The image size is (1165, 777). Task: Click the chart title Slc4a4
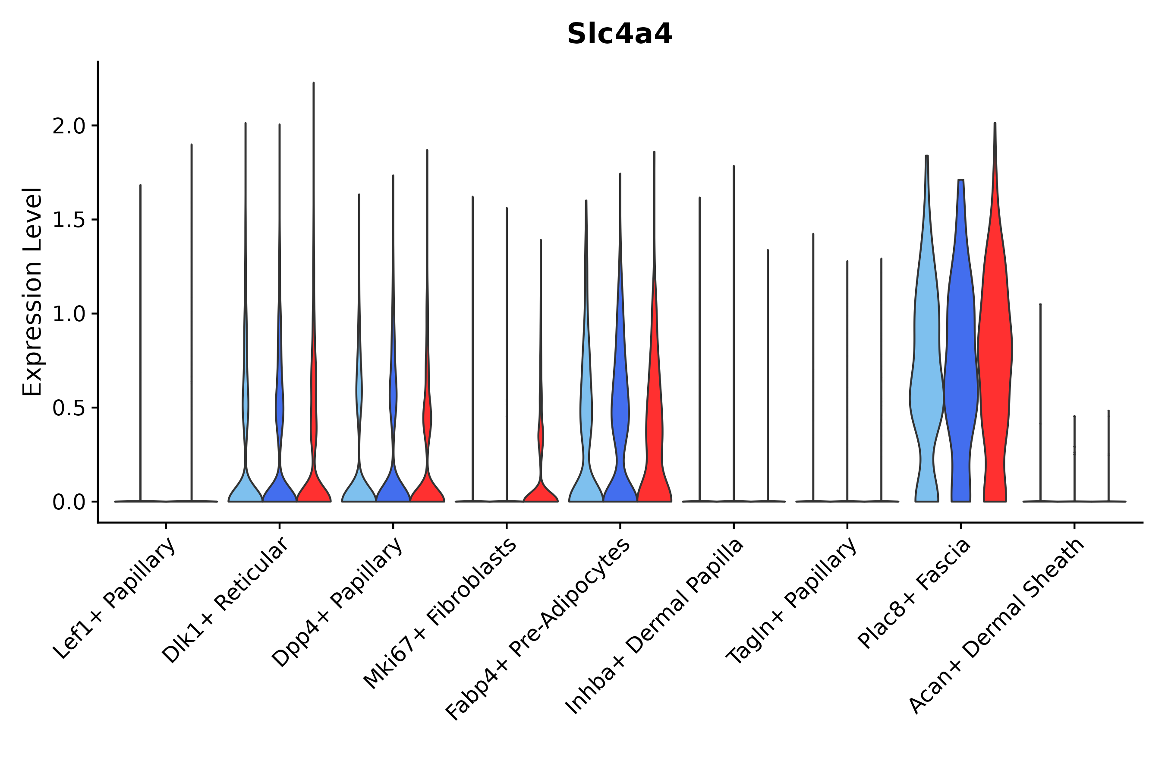click(x=619, y=34)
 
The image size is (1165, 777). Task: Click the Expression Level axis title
click(x=32, y=291)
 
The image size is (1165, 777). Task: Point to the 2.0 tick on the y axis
click(x=69, y=126)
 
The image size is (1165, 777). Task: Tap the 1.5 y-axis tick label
click(x=69, y=220)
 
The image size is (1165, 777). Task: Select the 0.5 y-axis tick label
click(x=69, y=408)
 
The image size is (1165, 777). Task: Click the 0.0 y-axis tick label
click(x=69, y=502)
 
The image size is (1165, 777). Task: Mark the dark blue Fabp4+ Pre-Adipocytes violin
click(x=620, y=421)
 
